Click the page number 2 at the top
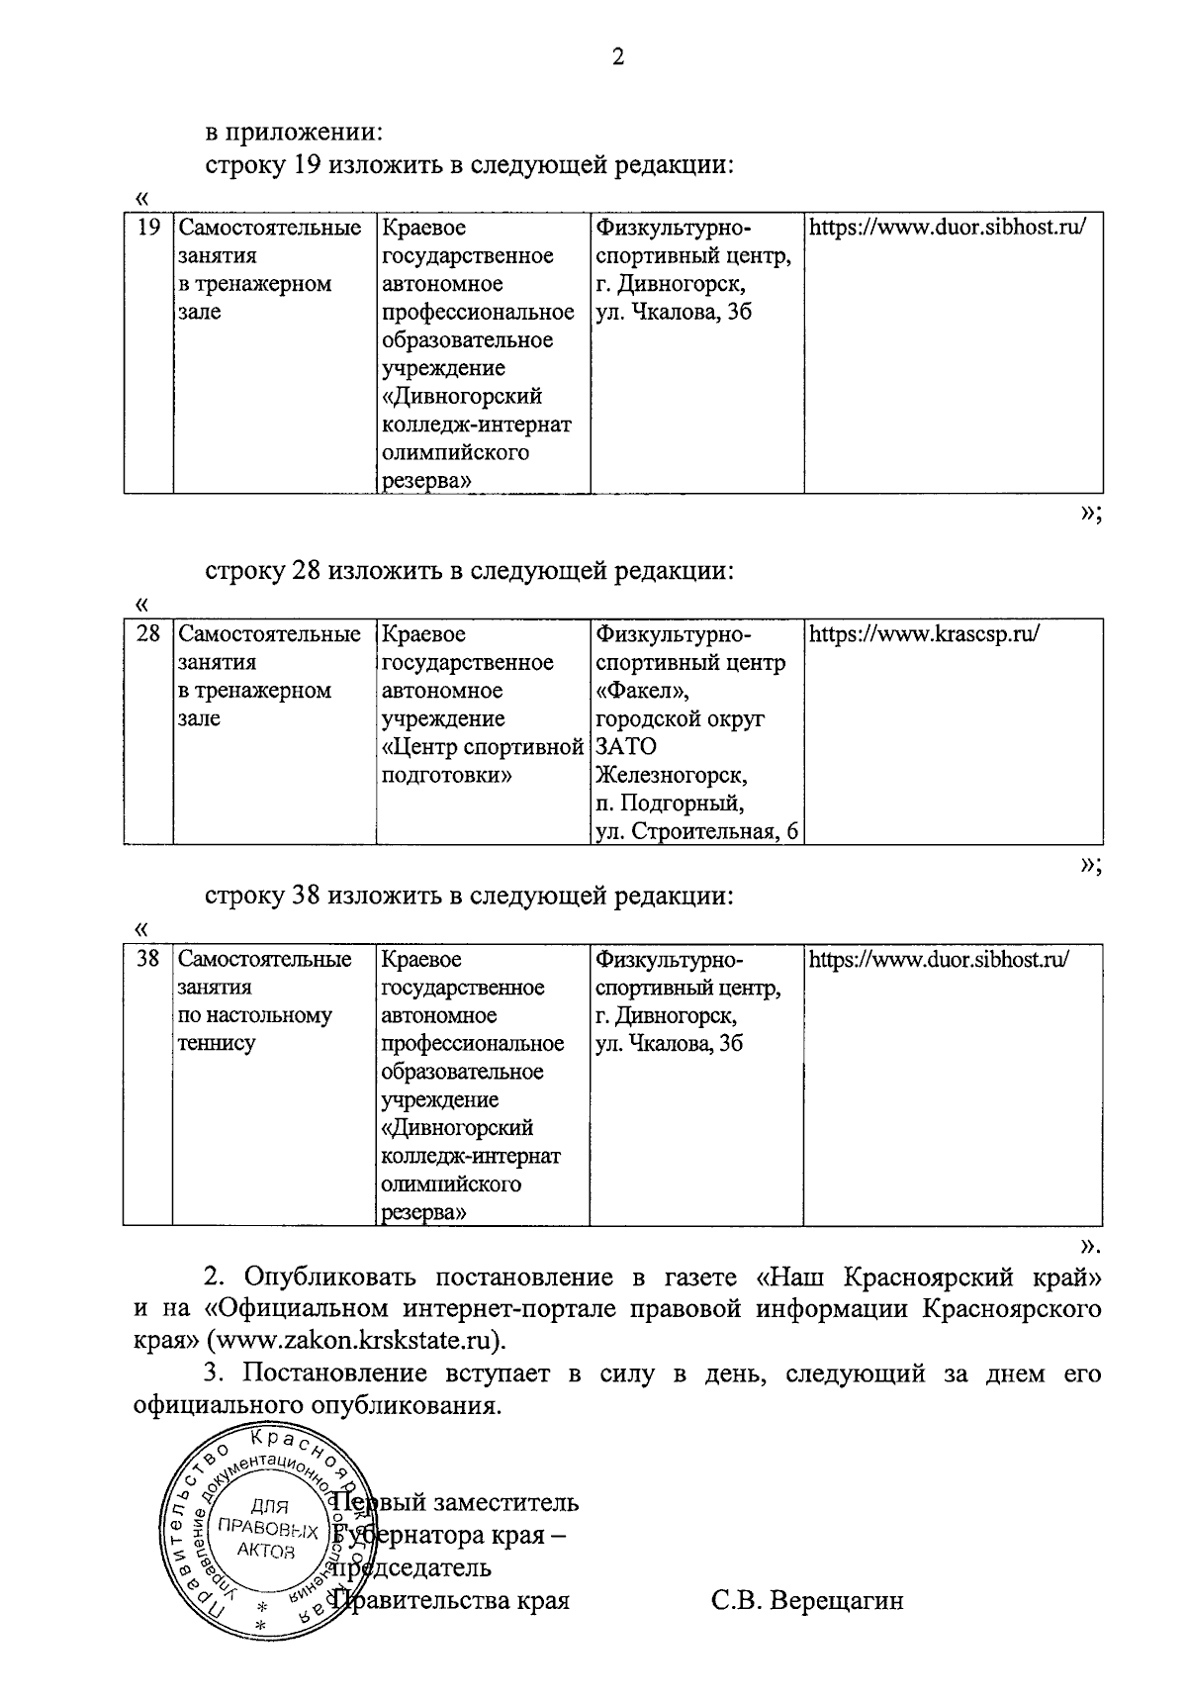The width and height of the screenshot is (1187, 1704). (x=618, y=57)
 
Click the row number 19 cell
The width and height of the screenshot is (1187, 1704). (x=148, y=229)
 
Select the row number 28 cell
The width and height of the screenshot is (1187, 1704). (x=148, y=634)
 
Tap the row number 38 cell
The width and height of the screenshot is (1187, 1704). (x=148, y=959)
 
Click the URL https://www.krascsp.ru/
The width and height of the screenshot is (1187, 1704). (x=924, y=634)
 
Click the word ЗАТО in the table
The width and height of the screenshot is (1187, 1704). (x=626, y=746)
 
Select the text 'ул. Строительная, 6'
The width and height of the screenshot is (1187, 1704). (x=696, y=831)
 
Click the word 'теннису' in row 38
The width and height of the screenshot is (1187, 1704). (x=217, y=1043)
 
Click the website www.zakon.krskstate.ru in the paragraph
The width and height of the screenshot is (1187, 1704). (x=355, y=1342)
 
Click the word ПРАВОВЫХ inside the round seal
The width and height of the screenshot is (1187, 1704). (x=267, y=1531)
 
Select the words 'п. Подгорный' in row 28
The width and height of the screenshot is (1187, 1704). (x=670, y=803)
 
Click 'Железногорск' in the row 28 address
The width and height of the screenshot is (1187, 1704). (x=672, y=775)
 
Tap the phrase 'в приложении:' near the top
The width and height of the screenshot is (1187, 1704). (x=294, y=132)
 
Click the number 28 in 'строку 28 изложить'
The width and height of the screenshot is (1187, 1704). (x=307, y=571)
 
